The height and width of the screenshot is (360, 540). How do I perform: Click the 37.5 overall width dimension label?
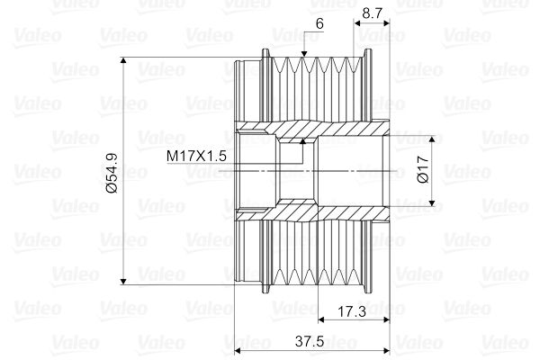[310, 341]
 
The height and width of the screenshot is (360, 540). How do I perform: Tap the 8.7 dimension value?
[373, 13]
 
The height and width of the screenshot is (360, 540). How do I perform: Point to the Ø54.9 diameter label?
[112, 173]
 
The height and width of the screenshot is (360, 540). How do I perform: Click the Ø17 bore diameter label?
[423, 169]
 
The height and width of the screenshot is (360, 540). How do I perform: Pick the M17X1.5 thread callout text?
[196, 156]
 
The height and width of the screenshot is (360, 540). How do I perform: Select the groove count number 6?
[319, 23]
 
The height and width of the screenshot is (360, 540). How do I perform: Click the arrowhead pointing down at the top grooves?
[303, 53]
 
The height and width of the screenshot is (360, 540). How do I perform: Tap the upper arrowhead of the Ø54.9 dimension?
[123, 60]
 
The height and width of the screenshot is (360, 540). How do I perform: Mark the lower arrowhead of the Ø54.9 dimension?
[123, 282]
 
